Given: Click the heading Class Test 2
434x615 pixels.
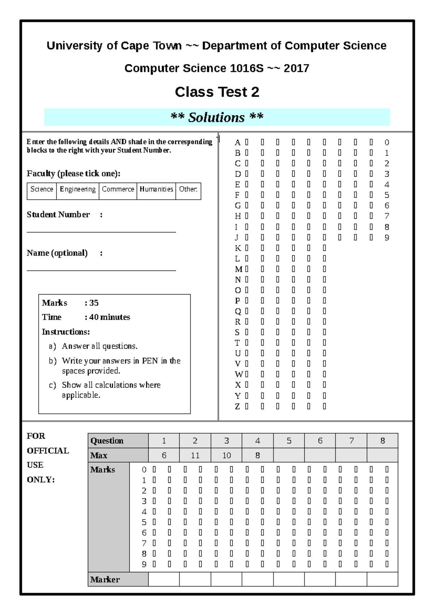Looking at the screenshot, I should (217, 92).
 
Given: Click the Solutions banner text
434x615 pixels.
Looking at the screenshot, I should (217, 117).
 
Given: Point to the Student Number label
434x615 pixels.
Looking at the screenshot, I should (58, 214).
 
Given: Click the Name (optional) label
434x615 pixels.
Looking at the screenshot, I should (57, 253).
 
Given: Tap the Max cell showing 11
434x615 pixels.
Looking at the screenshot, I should (195, 455).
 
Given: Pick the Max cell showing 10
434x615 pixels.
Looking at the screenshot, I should (226, 455).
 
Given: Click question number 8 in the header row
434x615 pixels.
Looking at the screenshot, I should (382, 441).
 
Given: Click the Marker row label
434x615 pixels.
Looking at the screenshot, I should (105, 580).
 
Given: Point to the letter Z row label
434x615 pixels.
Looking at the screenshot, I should (237, 406).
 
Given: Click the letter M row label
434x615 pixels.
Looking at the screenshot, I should (238, 269).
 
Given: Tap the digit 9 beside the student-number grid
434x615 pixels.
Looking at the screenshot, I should (387, 238).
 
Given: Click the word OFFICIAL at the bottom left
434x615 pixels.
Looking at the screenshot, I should (48, 451).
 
